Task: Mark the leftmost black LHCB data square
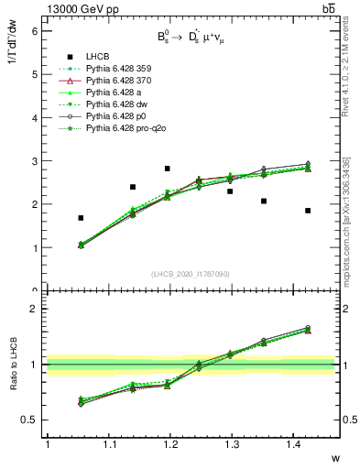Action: click(x=81, y=218)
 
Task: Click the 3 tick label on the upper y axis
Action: click(x=35, y=161)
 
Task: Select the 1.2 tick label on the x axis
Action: click(x=171, y=444)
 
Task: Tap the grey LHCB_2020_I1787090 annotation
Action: click(x=191, y=274)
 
